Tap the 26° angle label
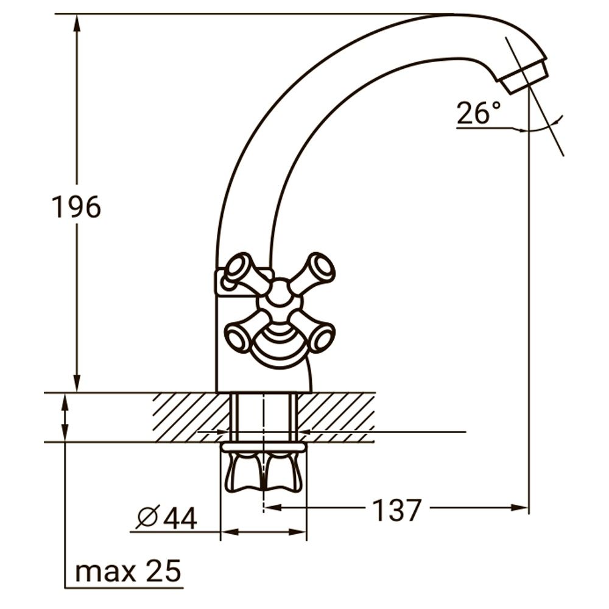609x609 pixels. tap(479, 113)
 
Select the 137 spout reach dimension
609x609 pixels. tap(396, 510)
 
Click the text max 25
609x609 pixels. tap(128, 572)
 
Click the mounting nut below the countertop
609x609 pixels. tap(263, 471)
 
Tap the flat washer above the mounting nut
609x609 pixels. tap(263, 448)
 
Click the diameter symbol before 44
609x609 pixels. tap(147, 518)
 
